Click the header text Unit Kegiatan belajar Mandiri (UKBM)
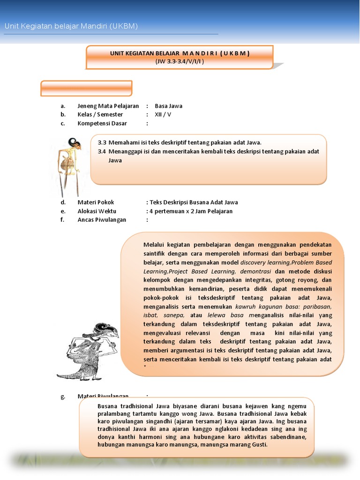71,26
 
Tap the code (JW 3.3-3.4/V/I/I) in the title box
180,61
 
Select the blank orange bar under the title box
86,88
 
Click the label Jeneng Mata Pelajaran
108,106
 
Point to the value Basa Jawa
168,106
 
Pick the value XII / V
163,114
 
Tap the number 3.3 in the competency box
102,142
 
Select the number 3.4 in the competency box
102,151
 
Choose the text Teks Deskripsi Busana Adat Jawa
194,202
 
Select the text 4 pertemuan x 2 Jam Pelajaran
191,211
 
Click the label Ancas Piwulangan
102,220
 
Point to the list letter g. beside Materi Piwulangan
62,397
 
